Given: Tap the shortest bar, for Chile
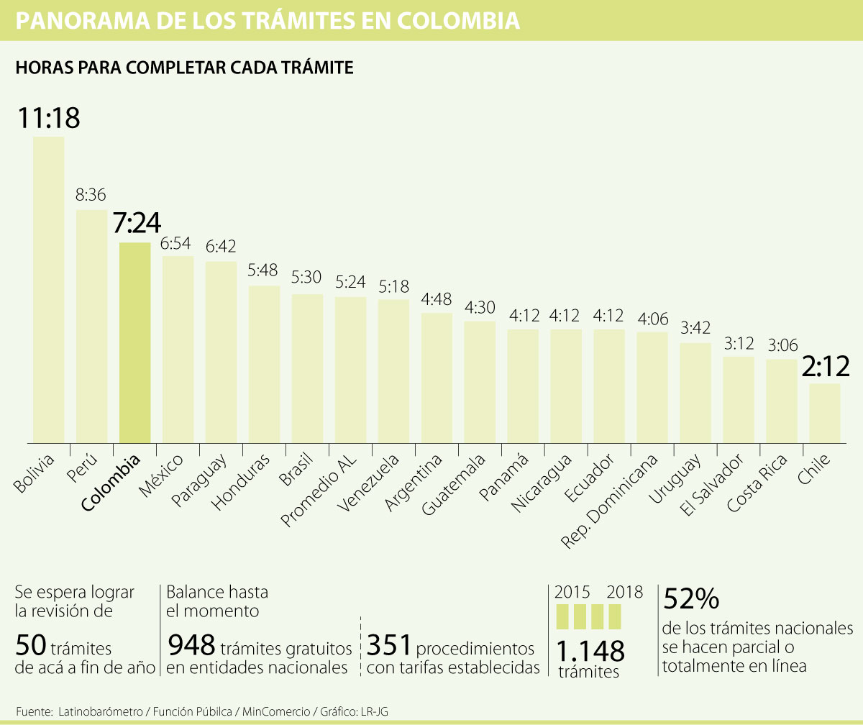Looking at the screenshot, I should pyautogui.click(x=825, y=413).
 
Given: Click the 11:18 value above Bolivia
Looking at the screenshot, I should pyautogui.click(x=48, y=118).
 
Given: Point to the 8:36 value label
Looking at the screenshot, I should pyautogui.click(x=91, y=195).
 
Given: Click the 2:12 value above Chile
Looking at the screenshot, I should pyautogui.click(x=825, y=367).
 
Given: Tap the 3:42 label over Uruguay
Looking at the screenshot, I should pyautogui.click(x=695, y=329).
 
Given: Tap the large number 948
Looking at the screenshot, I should pyautogui.click(x=191, y=646).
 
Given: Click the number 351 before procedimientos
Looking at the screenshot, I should pyautogui.click(x=388, y=646).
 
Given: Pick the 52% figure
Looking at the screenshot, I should pyautogui.click(x=691, y=599).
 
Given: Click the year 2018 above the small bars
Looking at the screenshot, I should pyautogui.click(x=624, y=593).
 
